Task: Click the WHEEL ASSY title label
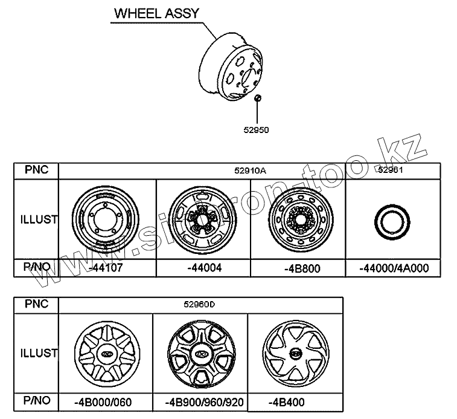click(156, 13)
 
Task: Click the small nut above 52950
click(257, 98)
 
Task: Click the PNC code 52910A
click(251, 171)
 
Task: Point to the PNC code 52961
click(391, 171)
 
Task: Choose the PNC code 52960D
click(200, 305)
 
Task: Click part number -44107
click(106, 267)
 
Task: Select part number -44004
click(202, 267)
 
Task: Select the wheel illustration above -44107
click(106, 219)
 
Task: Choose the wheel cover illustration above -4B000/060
click(106, 353)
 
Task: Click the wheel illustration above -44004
click(202, 219)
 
